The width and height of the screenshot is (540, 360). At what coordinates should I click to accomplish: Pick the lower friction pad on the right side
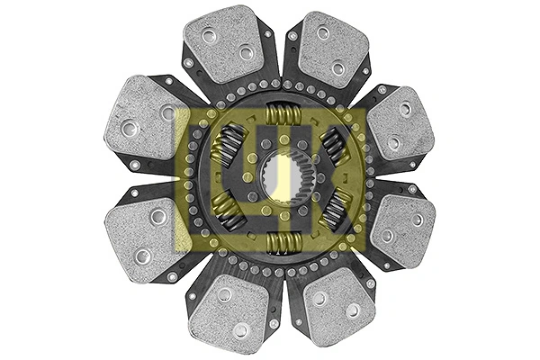pyautogui.click(x=401, y=229)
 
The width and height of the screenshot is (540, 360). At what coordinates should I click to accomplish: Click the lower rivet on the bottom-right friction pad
pyautogui.click(x=352, y=310)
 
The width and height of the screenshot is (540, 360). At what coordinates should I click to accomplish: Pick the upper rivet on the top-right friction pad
pyautogui.click(x=321, y=33)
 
